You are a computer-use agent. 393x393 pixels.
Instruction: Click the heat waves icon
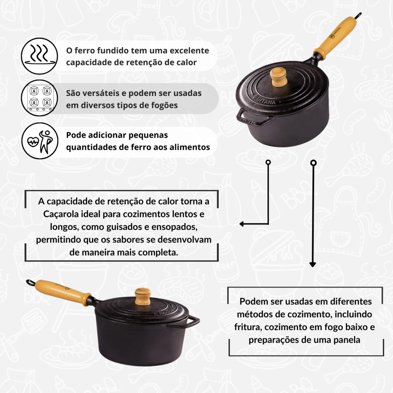click(x=40, y=56)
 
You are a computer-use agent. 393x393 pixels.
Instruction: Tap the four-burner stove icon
click(x=40, y=98)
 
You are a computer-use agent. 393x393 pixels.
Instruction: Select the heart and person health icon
click(x=40, y=141)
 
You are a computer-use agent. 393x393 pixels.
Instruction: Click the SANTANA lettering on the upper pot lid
click(x=265, y=99)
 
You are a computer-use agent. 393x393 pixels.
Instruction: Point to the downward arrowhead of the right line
click(x=312, y=264)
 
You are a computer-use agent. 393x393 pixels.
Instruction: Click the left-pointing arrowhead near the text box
click(x=242, y=224)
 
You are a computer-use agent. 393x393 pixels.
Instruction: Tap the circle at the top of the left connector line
click(x=268, y=162)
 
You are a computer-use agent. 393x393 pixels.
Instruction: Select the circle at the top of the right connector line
click(x=313, y=163)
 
